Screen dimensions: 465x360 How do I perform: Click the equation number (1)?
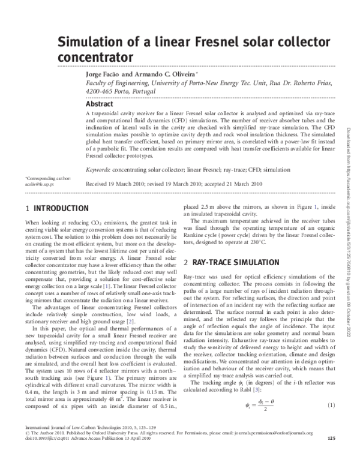click(330, 406)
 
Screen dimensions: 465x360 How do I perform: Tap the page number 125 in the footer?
click(331, 455)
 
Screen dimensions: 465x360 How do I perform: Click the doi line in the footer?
click(78, 455)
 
